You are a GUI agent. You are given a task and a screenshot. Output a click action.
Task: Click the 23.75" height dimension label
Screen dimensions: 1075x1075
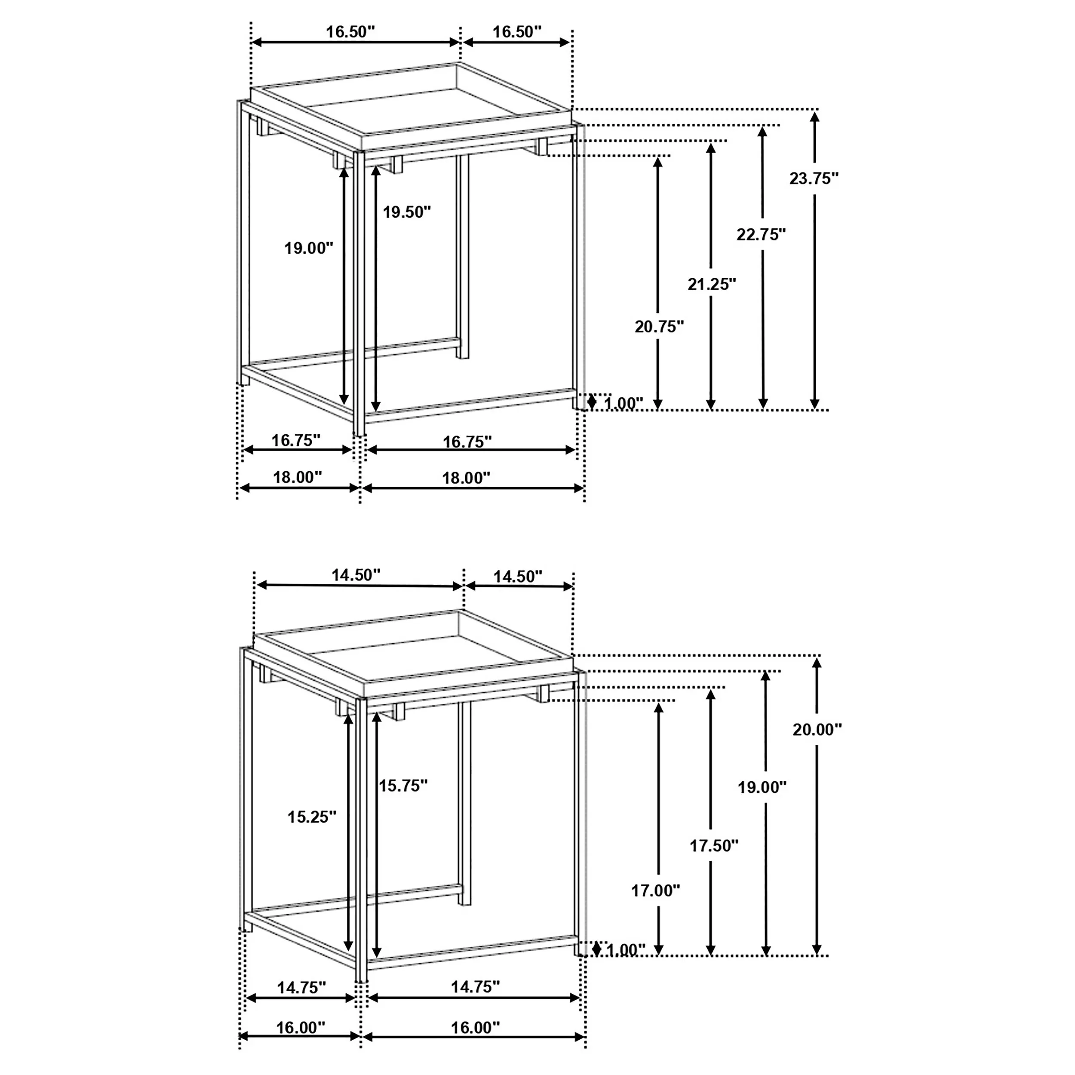pyautogui.click(x=814, y=178)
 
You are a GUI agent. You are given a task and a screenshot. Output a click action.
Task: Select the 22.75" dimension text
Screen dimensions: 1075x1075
pyautogui.click(x=761, y=234)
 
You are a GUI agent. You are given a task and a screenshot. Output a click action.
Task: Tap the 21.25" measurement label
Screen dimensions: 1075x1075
pyautogui.click(x=712, y=284)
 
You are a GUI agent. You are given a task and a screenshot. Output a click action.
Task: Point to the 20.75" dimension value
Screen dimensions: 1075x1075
pyautogui.click(x=659, y=327)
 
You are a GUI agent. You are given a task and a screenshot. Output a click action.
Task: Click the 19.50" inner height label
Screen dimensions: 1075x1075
pyautogui.click(x=407, y=212)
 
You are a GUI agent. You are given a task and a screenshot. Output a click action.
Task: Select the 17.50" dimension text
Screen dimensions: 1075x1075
pyautogui.click(x=714, y=846)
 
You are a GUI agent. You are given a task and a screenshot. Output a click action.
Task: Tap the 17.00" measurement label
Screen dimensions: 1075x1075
pyautogui.click(x=655, y=891)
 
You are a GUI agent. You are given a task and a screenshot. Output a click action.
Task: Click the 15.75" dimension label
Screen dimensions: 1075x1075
pyautogui.click(x=403, y=786)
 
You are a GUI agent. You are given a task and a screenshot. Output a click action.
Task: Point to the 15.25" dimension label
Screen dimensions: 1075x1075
pyautogui.click(x=312, y=817)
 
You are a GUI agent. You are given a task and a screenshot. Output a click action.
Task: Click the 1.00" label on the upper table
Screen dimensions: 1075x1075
pyautogui.click(x=623, y=403)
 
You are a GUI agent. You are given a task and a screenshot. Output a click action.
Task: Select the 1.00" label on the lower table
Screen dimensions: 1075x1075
pyautogui.click(x=625, y=950)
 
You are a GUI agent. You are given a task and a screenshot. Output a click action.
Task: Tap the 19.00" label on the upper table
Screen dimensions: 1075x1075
pyautogui.click(x=309, y=248)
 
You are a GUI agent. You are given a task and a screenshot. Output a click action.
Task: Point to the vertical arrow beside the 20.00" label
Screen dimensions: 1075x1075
pyautogui.click(x=817, y=806)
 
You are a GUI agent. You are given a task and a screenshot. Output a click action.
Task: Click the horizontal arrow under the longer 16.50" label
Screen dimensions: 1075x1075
pyautogui.click(x=356, y=42)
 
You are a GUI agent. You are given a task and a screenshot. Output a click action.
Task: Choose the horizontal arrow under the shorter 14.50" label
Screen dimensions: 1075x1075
pyautogui.click(x=519, y=586)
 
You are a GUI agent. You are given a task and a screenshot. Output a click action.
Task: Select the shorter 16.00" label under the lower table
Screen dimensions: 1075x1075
pyautogui.click(x=301, y=1028)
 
